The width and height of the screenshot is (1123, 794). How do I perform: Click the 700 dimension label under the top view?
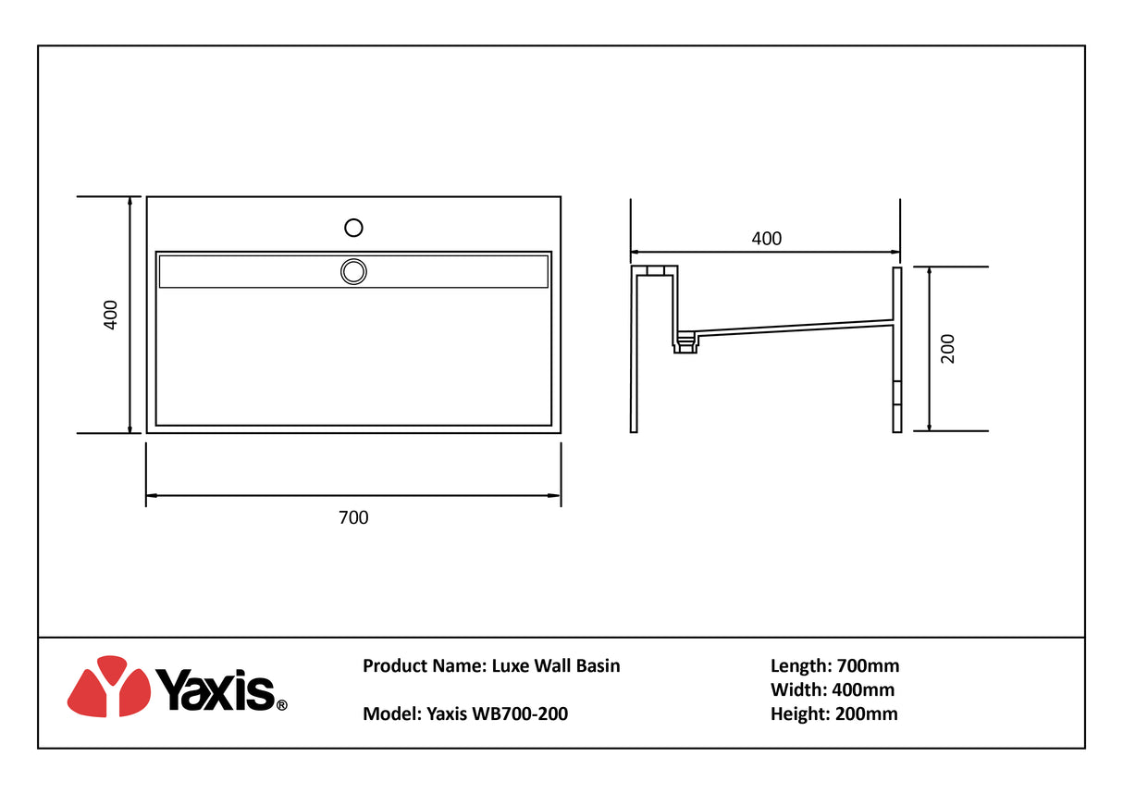point(353,517)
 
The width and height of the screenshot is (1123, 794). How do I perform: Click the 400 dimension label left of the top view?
point(110,315)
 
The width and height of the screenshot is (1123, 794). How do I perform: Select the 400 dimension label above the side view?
point(766,238)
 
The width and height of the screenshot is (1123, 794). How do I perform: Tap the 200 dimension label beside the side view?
point(947,349)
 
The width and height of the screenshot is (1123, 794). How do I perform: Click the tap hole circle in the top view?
point(353,228)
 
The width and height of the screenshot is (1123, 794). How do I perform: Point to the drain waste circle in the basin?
point(353,272)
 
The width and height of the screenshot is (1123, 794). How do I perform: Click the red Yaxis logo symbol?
point(109,686)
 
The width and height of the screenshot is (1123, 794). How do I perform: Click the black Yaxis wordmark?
point(216,690)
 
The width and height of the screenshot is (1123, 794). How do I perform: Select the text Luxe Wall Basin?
point(555,665)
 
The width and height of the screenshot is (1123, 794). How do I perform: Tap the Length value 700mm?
point(868,665)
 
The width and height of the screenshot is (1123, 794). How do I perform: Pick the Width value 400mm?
point(863,689)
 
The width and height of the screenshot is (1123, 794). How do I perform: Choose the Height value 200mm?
point(867,713)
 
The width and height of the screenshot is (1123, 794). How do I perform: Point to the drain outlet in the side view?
point(685,343)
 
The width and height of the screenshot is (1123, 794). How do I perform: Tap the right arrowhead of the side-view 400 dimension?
point(895,253)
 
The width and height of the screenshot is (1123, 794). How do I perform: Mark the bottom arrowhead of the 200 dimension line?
point(929,426)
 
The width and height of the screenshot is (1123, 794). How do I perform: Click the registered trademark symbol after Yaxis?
point(282,705)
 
